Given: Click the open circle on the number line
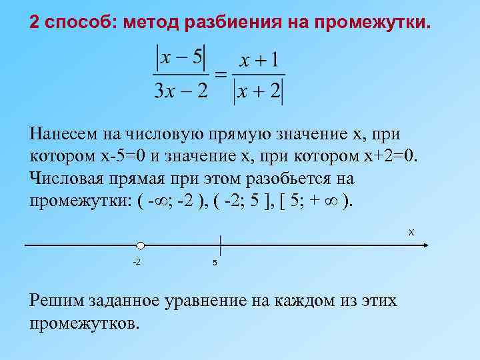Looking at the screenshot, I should coord(141,246).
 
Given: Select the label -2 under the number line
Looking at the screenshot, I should coord(136,261).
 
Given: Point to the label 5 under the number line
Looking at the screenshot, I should coord(215,262).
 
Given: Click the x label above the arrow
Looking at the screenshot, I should coord(411,232).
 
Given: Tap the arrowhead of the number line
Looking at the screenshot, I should coord(423,246).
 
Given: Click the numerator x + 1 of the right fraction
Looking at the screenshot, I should coord(259,61).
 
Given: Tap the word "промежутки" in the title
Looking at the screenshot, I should coord(371,23).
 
